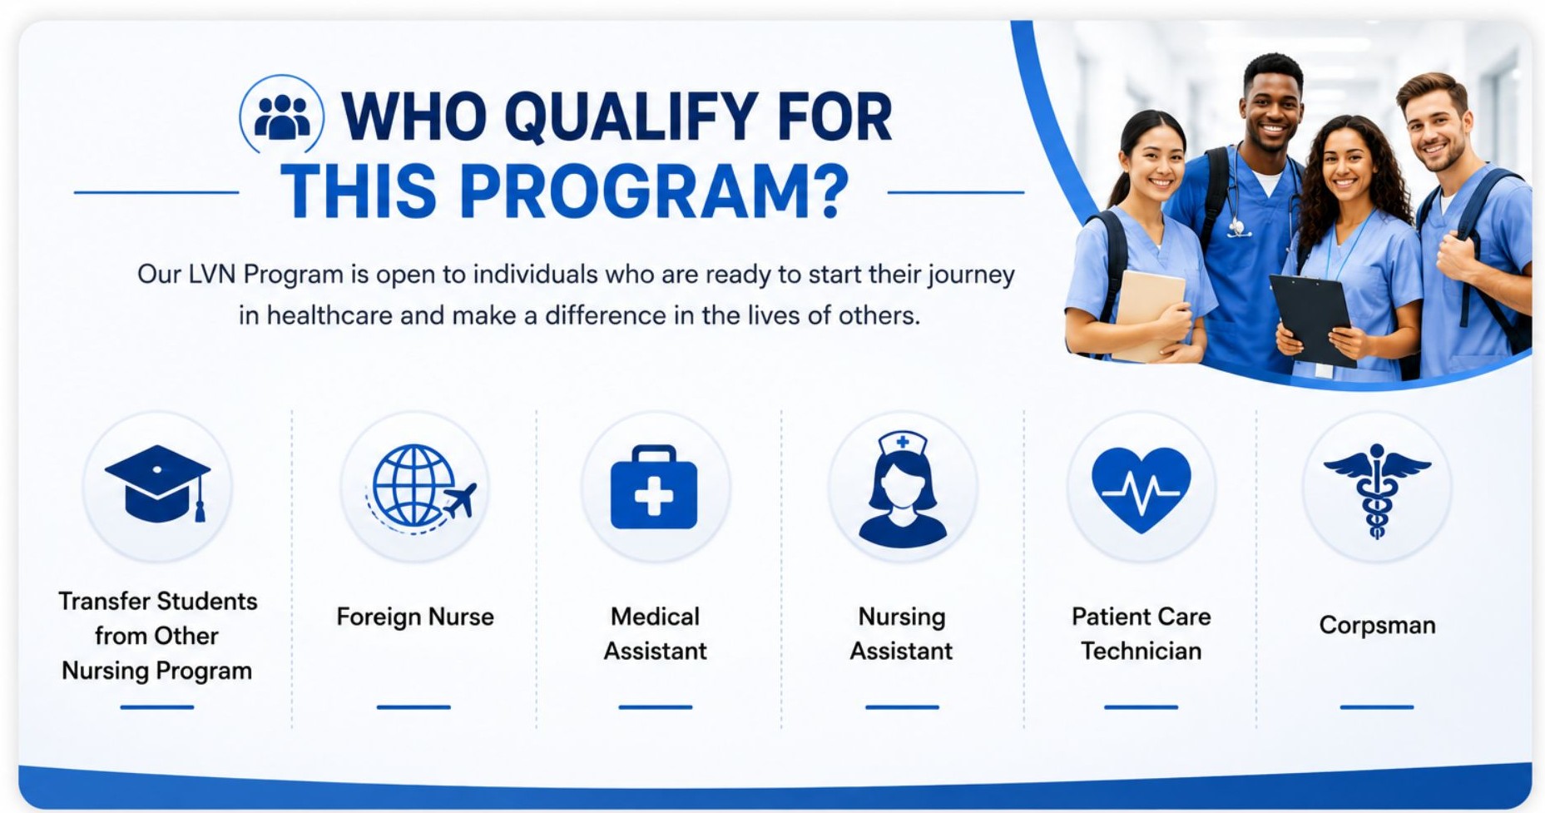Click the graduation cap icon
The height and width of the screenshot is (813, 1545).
157,483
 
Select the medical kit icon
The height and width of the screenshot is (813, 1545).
654,488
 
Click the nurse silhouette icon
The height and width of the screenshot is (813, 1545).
902,489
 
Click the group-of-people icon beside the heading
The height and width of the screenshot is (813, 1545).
282,116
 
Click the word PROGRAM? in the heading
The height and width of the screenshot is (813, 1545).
654,191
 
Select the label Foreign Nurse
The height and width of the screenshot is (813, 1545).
415,617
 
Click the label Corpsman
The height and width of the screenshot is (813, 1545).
1377,625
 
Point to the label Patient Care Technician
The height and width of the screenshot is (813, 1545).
1141,633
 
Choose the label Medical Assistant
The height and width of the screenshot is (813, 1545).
655,633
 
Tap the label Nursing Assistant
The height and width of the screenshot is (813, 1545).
901,633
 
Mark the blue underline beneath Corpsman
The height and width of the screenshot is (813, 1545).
1376,706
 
